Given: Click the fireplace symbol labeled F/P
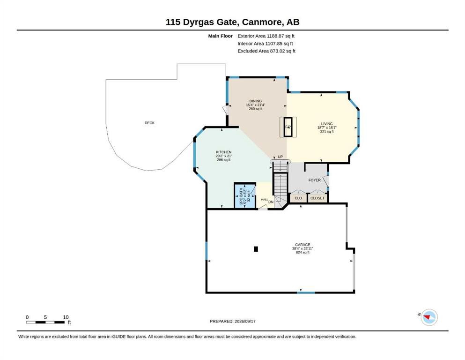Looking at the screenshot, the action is click(x=288, y=127).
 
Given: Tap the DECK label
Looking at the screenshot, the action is click(x=149, y=123).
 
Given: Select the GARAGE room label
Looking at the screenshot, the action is click(x=303, y=245).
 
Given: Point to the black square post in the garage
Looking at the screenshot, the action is click(x=256, y=249).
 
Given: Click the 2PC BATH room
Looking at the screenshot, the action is click(x=245, y=196).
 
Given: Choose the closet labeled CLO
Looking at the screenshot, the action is click(x=298, y=198).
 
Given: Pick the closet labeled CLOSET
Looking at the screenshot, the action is click(x=317, y=198).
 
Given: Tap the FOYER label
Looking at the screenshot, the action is click(x=314, y=180).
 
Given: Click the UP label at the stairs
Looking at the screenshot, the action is click(x=280, y=157).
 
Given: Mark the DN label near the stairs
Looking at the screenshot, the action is click(x=271, y=202).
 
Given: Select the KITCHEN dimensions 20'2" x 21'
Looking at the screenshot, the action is click(x=224, y=156).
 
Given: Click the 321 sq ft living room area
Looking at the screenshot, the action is click(x=327, y=131).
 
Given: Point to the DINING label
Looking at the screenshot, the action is click(x=255, y=101).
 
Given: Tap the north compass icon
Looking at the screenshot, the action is click(x=429, y=317).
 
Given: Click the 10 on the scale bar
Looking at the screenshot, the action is click(x=66, y=317).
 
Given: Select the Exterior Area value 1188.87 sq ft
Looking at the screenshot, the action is click(x=280, y=36).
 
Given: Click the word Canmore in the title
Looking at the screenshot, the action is click(x=262, y=22).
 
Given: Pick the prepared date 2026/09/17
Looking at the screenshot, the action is click(x=244, y=321).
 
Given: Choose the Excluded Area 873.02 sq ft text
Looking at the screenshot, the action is click(x=266, y=51).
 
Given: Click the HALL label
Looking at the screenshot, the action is click(x=265, y=199).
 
